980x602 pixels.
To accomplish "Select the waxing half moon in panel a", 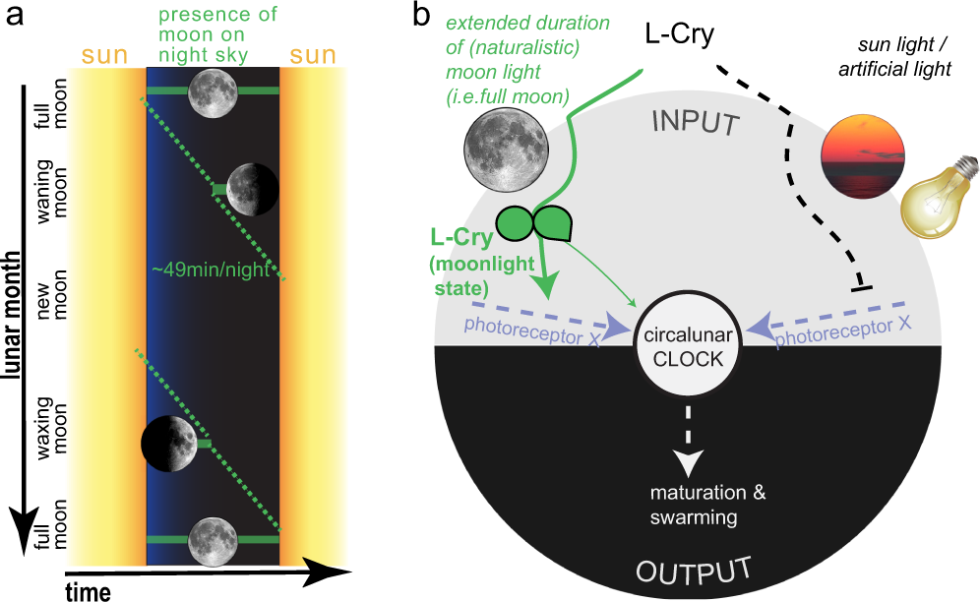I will pyautogui.click(x=169, y=443).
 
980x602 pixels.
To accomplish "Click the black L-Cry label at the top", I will pyautogui.click(x=679, y=34).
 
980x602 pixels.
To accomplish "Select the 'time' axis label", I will pyautogui.click(x=88, y=590).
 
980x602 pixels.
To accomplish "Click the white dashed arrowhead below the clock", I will pyautogui.click(x=691, y=458).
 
